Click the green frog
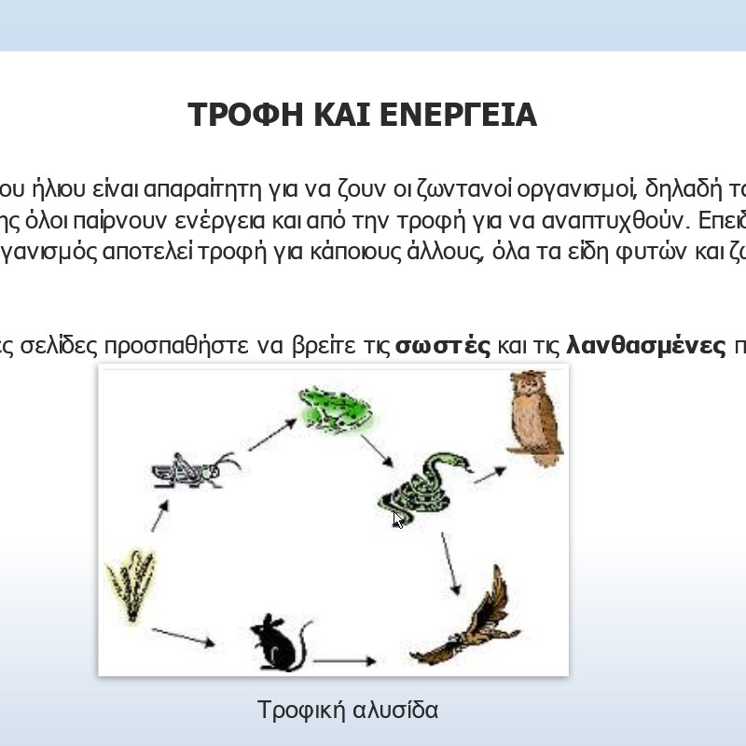click(335, 410)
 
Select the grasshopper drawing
click(196, 470)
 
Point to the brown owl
click(534, 418)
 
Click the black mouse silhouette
click(281, 642)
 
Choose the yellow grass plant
click(131, 586)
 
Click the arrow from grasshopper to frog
click(272, 435)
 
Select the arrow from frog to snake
click(377, 451)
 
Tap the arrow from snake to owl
click(490, 475)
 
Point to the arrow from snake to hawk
click(450, 564)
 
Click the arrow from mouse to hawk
click(345, 660)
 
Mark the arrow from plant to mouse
click(183, 638)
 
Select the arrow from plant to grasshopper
click(159, 516)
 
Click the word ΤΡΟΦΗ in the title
click(245, 115)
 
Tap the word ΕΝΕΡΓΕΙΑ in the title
click(459, 115)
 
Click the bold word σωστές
click(442, 346)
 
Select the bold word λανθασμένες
click(646, 345)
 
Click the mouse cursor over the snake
click(398, 519)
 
